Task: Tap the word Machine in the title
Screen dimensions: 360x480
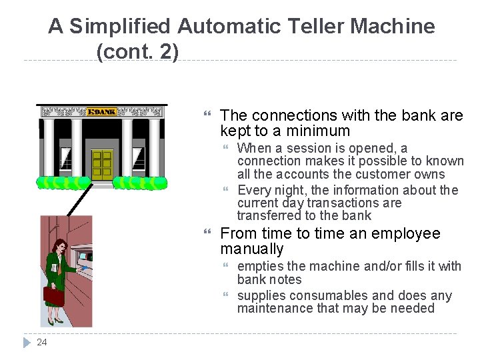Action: pyautogui.click(x=393, y=27)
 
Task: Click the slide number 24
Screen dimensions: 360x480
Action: pyautogui.click(x=42, y=343)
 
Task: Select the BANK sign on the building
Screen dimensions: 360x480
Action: pyautogui.click(x=101, y=111)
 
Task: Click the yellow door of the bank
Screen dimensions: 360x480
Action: pyautogui.click(x=102, y=164)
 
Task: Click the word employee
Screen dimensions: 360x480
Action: pyautogui.click(x=408, y=233)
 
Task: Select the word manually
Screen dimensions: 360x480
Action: pyautogui.click(x=252, y=249)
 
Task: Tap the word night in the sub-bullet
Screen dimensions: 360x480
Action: pyautogui.click(x=279, y=190)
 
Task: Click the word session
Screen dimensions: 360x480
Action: pyautogui.click(x=296, y=148)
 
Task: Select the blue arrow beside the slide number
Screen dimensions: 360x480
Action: pyautogui.click(x=26, y=343)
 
